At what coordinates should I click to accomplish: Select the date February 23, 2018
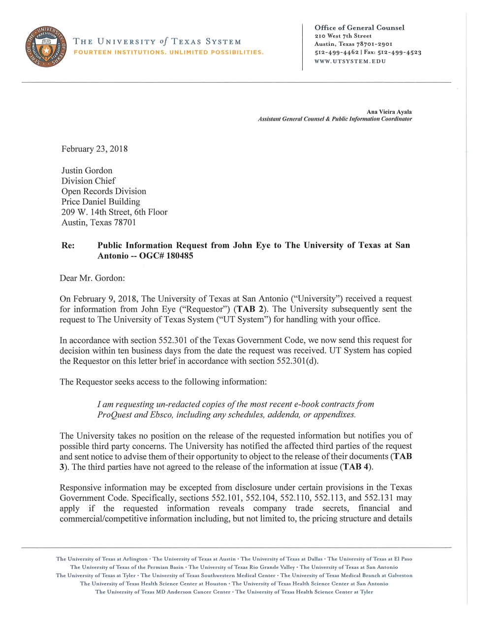95,149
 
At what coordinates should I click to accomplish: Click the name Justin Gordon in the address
87,171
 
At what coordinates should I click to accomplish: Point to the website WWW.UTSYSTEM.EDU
350,62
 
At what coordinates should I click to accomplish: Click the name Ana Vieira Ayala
389,112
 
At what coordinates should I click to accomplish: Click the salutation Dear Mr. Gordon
92,278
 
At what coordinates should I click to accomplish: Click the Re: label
68,246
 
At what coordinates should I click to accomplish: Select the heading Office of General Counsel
359,28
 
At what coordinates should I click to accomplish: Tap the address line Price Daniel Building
100,202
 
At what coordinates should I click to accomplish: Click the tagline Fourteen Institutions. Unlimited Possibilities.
168,52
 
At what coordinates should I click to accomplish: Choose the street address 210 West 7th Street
343,36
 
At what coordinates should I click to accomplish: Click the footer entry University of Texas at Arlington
102,559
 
